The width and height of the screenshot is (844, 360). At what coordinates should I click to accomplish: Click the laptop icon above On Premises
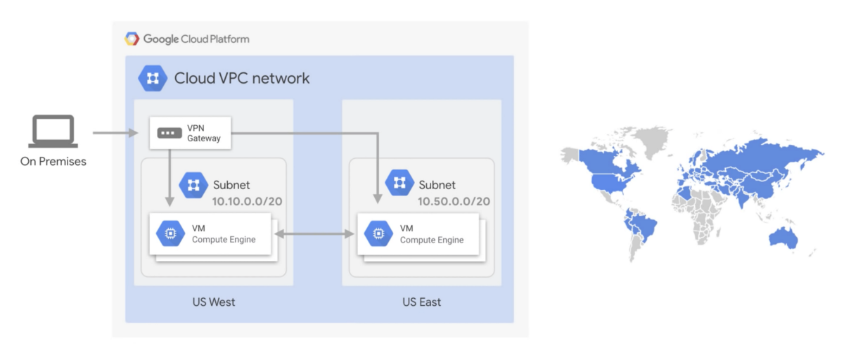tap(53, 133)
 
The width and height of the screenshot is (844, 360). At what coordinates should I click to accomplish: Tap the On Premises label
tap(53, 162)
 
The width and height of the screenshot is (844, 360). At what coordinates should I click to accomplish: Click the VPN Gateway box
tap(191, 133)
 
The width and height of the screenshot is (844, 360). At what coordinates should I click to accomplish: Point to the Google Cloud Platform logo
tap(132, 39)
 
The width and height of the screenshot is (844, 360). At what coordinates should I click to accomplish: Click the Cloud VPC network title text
tap(242, 78)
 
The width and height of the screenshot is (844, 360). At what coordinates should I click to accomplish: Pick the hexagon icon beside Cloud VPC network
tap(153, 78)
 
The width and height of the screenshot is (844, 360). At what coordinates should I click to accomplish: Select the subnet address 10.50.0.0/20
tap(454, 202)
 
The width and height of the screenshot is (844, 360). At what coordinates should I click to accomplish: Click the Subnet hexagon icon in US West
tap(193, 186)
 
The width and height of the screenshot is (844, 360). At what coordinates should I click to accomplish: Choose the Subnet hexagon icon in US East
tap(400, 184)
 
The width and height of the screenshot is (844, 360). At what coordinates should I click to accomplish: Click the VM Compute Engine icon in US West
tap(170, 234)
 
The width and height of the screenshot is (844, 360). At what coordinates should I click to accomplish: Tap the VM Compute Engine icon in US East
tap(378, 234)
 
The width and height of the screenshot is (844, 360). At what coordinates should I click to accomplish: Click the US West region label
tap(214, 302)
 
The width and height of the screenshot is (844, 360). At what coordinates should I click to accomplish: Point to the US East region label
tap(422, 302)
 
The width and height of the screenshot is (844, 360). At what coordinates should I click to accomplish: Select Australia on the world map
tap(782, 236)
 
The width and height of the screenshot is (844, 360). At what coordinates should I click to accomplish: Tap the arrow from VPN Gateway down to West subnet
tap(170, 176)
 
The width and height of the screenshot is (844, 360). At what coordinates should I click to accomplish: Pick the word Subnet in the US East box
tap(437, 186)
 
